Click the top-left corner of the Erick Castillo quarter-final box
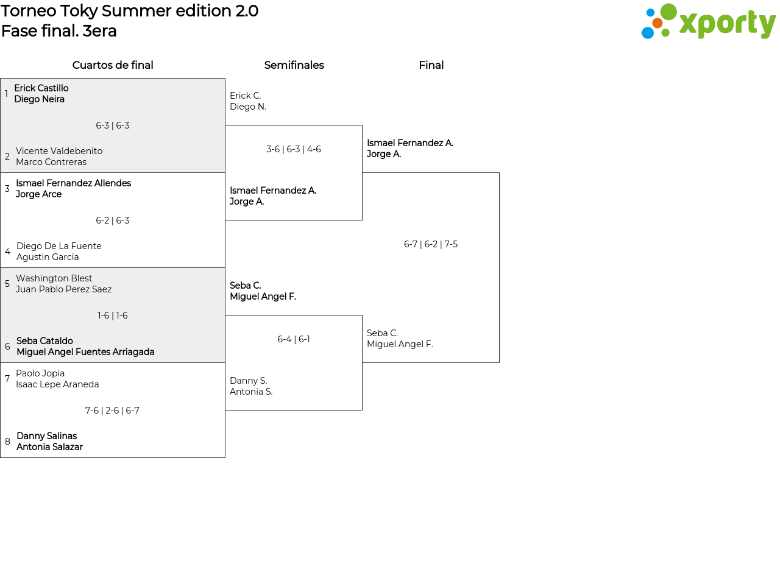(1, 79)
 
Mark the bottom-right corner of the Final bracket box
(499, 362)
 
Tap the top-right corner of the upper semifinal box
(362, 125)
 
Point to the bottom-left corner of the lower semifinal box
(225, 410)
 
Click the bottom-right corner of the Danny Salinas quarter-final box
(225, 457)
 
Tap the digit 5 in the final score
(455, 244)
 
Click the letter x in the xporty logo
(687, 24)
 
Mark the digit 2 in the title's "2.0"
(241, 11)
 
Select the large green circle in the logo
(668, 11)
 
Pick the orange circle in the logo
(658, 23)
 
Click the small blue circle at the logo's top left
(650, 13)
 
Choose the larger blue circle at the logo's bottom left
(647, 33)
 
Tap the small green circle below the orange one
(665, 33)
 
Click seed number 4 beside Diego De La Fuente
(8, 252)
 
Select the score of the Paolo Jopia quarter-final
(112, 411)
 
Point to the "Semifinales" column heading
(294, 65)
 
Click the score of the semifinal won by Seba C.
(294, 339)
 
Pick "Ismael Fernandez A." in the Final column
(410, 143)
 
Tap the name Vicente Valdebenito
(59, 151)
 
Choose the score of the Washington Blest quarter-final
(113, 315)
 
